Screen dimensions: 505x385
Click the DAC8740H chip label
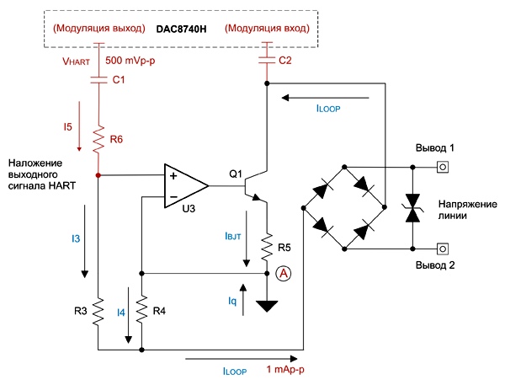pyautogui.click(x=181, y=29)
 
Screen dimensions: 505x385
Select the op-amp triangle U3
pyautogui.click(x=186, y=185)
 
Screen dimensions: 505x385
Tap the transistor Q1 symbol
pyautogui.click(x=255, y=185)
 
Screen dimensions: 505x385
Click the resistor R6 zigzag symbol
pyautogui.click(x=98, y=139)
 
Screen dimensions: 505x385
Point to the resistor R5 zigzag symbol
pyautogui.click(x=267, y=248)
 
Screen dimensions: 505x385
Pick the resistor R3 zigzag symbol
pyautogui.click(x=98, y=312)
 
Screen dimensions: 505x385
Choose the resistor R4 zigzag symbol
pyautogui.click(x=141, y=309)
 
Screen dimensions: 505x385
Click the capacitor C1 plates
pyautogui.click(x=98, y=80)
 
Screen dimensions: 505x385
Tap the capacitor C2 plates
pyautogui.click(x=267, y=61)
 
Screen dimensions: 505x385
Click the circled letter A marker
pyautogui.click(x=284, y=274)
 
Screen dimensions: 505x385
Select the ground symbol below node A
pyautogui.click(x=267, y=306)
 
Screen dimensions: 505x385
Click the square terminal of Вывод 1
pyautogui.click(x=443, y=167)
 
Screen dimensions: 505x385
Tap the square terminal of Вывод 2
pyautogui.click(x=443, y=249)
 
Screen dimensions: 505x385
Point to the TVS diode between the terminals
pyautogui.click(x=413, y=208)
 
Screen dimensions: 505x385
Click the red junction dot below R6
pyautogui.click(x=98, y=175)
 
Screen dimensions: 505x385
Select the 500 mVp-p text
pyautogui.click(x=130, y=61)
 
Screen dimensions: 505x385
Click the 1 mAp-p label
pyautogui.click(x=285, y=369)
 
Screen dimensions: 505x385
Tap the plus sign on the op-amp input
pyautogui.click(x=173, y=176)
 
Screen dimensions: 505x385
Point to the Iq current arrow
pyautogui.click(x=243, y=300)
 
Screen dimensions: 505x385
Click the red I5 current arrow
pyautogui.click(x=79, y=126)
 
